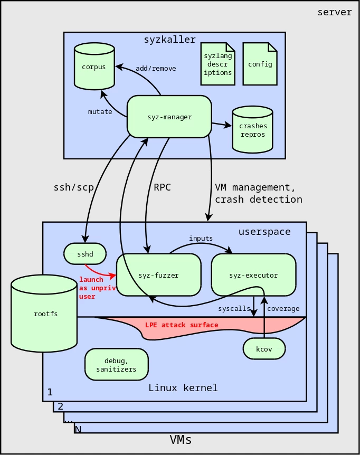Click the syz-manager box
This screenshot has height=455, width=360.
point(169,117)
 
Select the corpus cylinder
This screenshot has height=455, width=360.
point(94,67)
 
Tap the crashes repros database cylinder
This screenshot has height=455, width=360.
point(253,130)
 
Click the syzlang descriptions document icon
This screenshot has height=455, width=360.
point(217,64)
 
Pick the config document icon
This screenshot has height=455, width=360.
point(260,64)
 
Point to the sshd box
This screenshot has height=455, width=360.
point(85,254)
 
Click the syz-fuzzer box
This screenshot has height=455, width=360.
point(158,275)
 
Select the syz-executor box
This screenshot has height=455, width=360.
point(253,275)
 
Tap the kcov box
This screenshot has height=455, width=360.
point(264,349)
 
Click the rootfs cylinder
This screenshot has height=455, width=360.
point(45,314)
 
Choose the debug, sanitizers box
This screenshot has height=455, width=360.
point(116,365)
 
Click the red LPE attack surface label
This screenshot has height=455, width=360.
point(182,325)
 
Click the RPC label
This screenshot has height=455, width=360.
point(162,187)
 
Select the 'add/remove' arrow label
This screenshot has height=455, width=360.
point(156,69)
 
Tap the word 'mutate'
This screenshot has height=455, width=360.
point(100,112)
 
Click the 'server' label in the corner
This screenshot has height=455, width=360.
point(334,12)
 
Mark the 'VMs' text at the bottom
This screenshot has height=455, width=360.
point(181,440)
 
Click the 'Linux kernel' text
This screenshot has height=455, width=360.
point(183,388)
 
